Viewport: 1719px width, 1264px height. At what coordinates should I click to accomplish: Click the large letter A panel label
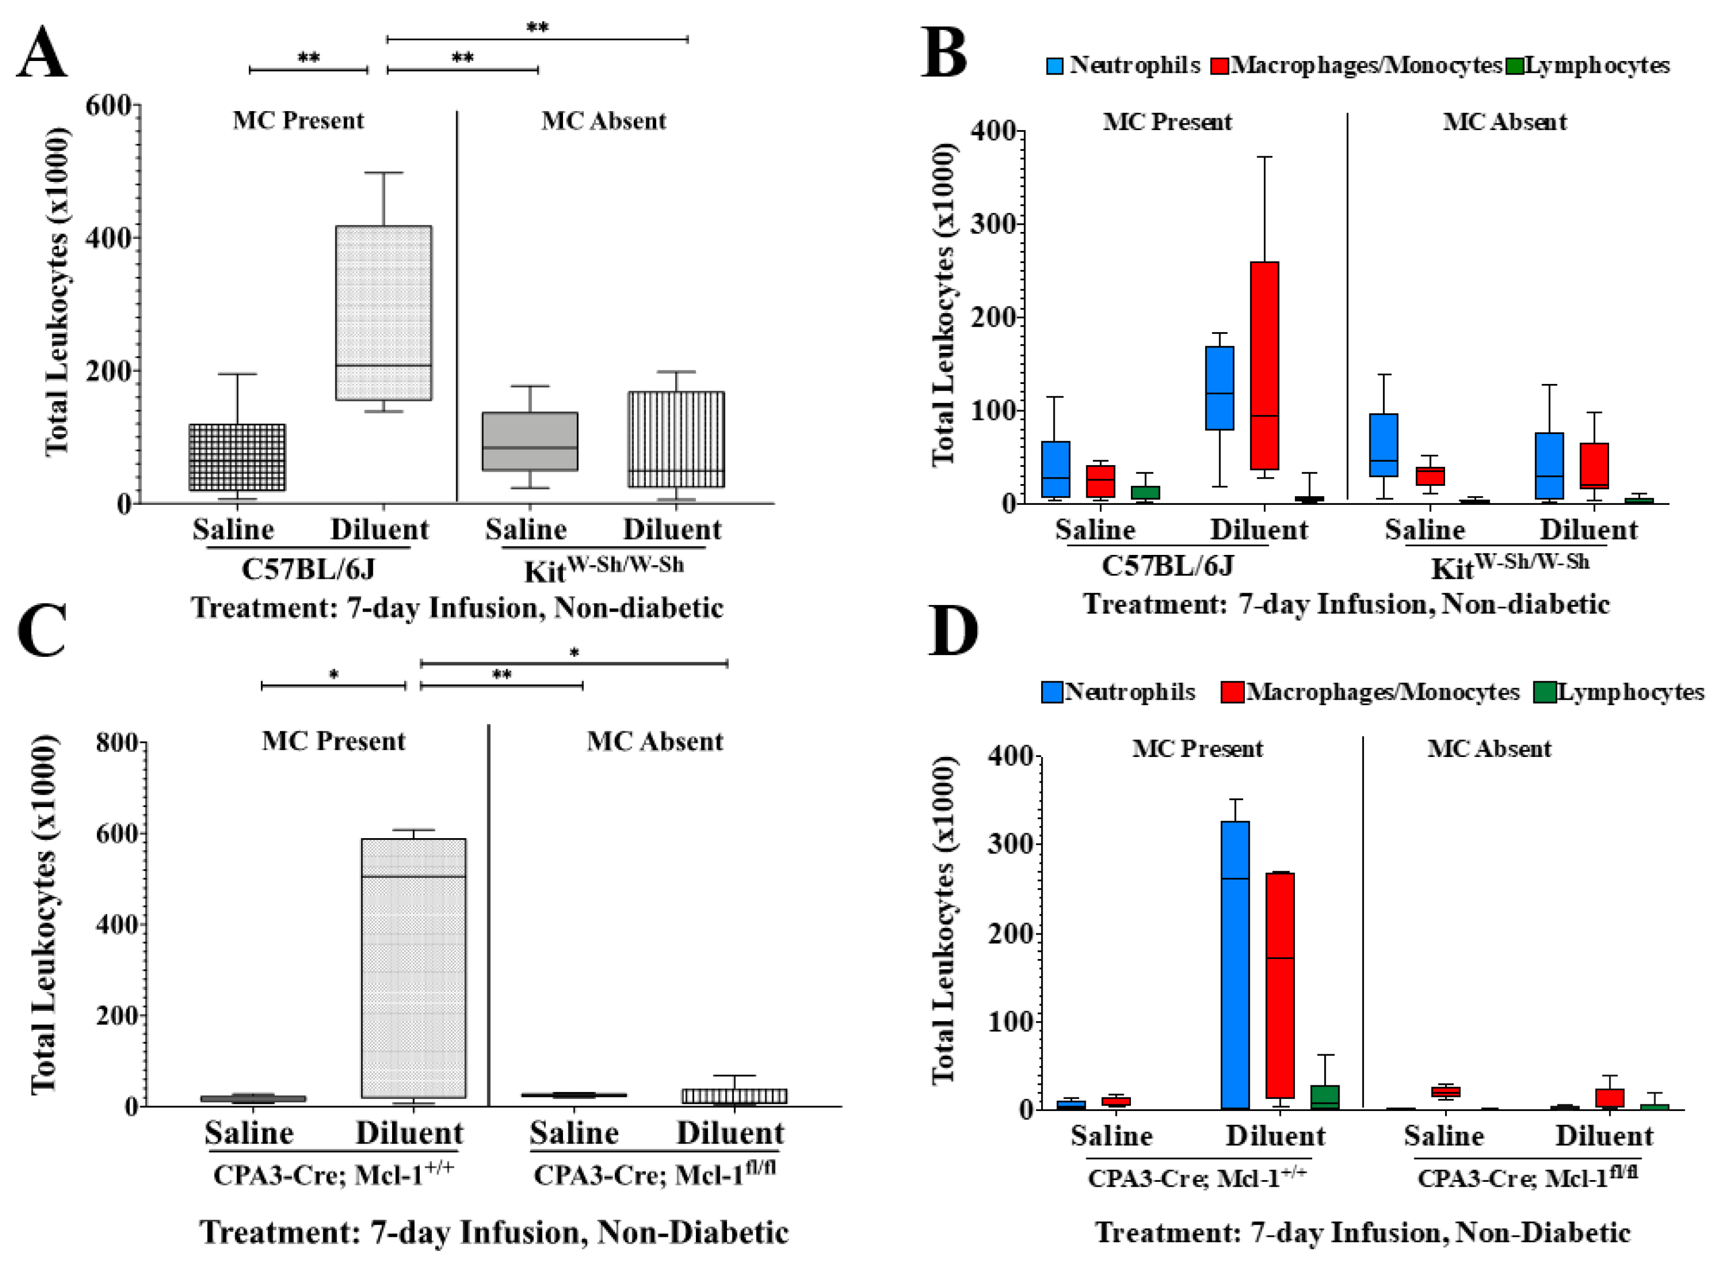click(42, 52)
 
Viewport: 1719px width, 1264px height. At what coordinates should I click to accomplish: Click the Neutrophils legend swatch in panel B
click(1054, 66)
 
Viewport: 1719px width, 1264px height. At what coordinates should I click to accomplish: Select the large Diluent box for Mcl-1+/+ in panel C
click(413, 968)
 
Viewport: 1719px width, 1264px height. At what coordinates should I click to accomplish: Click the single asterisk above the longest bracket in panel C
click(574, 652)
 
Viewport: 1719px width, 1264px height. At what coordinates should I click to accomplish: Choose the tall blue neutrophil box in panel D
click(1235, 965)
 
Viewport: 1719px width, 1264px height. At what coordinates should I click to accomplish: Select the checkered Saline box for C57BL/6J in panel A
click(237, 457)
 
